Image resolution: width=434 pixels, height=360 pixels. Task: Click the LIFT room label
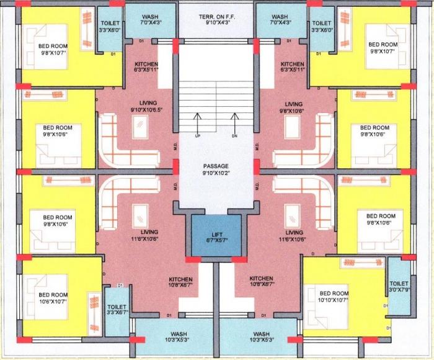(215, 234)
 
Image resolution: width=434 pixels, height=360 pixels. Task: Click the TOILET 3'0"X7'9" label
(399, 287)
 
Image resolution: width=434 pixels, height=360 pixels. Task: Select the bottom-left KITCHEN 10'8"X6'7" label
(180, 282)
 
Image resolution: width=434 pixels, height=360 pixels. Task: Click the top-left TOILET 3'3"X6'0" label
(110, 27)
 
